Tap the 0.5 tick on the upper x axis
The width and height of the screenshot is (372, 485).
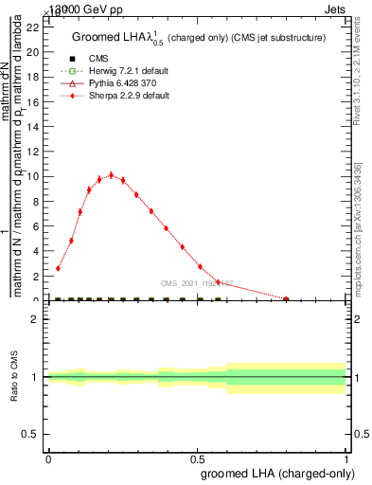pos(197,300)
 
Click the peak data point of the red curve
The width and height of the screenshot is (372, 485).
pos(111,174)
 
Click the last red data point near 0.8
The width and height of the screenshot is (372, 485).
pos(287,298)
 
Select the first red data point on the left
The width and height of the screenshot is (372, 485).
pos(58,268)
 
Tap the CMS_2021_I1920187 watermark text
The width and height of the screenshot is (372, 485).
pos(204,282)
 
